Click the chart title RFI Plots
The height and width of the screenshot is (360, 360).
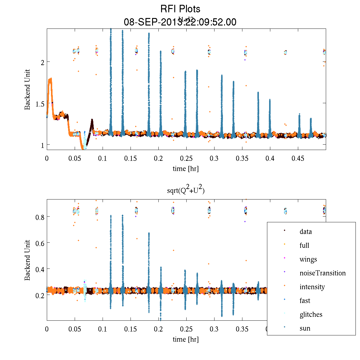click(x=180, y=9)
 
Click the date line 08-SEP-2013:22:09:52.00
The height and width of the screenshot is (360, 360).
click(x=180, y=22)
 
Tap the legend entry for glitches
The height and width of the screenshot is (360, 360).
click(x=311, y=314)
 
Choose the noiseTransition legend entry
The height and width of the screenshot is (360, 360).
click(x=322, y=273)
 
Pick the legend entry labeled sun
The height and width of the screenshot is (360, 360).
click(x=305, y=328)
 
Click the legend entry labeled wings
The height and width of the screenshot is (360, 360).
click(x=308, y=259)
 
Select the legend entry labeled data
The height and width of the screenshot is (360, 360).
click(x=305, y=232)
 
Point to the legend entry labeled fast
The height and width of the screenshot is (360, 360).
click(x=305, y=301)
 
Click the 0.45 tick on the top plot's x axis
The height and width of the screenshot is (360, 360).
click(x=298, y=158)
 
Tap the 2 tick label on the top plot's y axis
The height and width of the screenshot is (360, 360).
click(x=43, y=62)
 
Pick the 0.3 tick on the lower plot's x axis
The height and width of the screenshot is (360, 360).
click(x=214, y=329)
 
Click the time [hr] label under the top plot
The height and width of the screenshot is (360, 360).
click(x=185, y=169)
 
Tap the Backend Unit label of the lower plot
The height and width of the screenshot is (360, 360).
click(x=28, y=260)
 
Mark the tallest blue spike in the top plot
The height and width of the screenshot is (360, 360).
click(x=111, y=30)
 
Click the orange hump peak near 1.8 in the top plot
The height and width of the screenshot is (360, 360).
click(x=50, y=79)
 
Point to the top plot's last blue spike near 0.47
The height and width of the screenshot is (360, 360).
click(x=311, y=119)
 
